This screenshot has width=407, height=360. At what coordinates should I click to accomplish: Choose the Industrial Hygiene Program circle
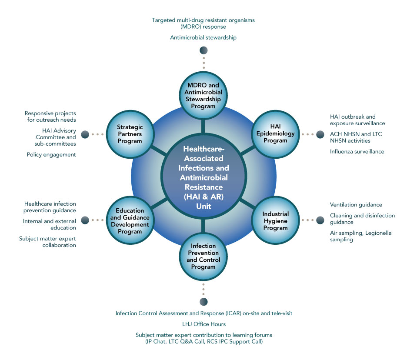[275, 221]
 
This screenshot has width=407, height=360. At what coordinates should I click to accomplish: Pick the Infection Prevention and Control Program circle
[203, 257]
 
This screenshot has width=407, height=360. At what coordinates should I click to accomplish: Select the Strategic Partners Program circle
[130, 134]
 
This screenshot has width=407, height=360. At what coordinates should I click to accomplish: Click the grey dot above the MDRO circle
[203, 51]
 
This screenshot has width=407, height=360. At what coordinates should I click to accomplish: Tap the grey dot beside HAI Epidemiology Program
[320, 134]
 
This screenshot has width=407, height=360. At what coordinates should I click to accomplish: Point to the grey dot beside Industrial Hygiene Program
[320, 220]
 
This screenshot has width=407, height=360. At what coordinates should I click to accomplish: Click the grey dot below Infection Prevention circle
[203, 301]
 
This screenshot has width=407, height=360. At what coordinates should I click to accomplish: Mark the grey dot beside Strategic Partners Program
[85, 134]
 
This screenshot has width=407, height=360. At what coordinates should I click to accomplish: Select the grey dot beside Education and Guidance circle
[85, 220]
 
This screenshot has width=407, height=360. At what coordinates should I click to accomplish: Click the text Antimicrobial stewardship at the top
[203, 38]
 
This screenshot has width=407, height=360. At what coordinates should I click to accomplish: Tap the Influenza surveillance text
[357, 151]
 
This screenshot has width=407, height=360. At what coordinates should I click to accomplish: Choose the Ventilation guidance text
[356, 204]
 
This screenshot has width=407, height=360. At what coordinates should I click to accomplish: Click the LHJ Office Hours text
[203, 324]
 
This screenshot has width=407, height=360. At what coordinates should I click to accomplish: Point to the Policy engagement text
[51, 154]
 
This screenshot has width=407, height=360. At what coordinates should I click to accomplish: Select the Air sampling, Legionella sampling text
[360, 236]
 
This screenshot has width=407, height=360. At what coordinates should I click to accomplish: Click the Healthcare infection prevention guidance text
[50, 207]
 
